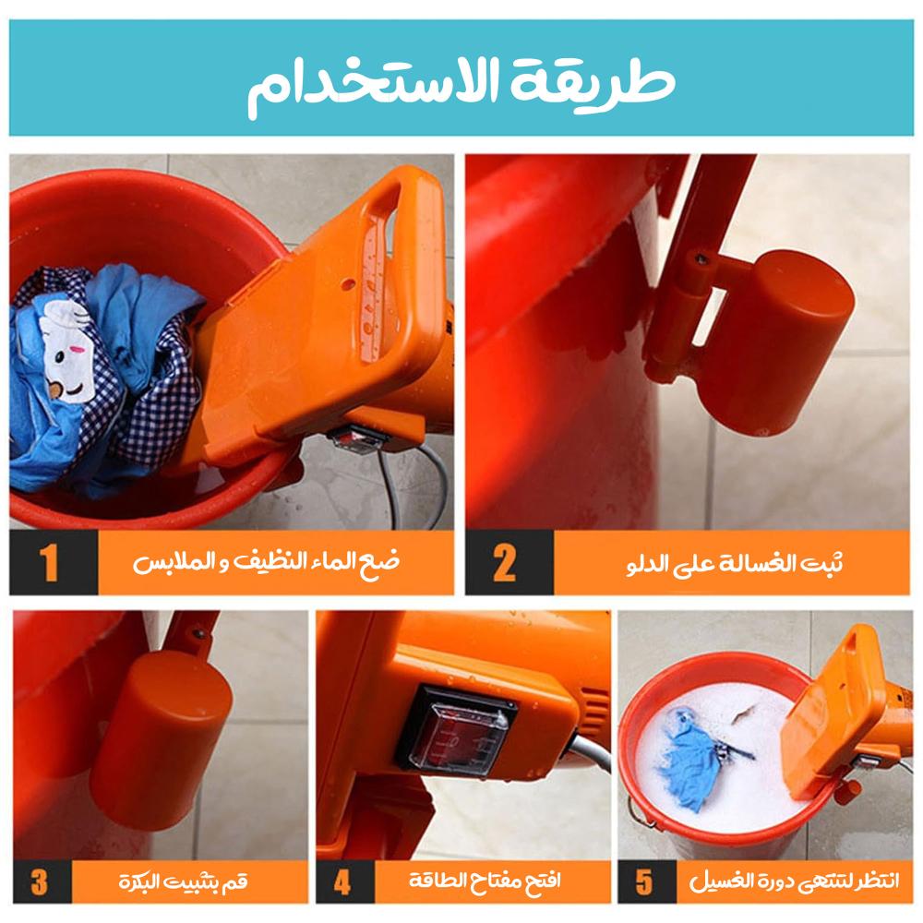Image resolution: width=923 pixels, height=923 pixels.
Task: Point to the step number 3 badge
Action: (x=39, y=881)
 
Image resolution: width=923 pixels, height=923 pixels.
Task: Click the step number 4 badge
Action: (x=342, y=881)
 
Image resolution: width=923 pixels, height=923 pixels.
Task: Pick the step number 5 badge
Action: (x=644, y=881)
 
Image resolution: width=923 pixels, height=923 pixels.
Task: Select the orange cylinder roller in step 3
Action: (x=157, y=738)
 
